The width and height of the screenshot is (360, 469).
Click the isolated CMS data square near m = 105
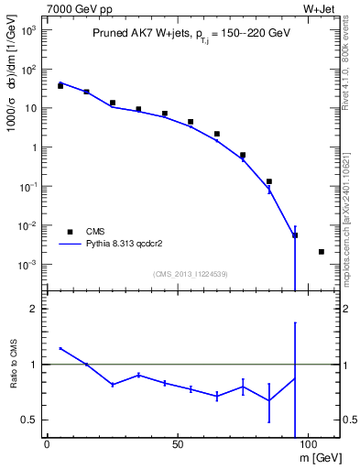(321, 252)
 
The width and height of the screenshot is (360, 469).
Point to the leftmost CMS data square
(60, 85)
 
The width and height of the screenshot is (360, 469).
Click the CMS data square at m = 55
(191, 122)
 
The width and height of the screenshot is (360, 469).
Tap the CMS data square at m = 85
(268, 181)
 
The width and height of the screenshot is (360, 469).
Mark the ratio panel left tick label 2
(34, 309)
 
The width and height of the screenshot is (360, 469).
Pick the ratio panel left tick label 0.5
(30, 420)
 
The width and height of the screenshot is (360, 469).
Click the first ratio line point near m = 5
(60, 348)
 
